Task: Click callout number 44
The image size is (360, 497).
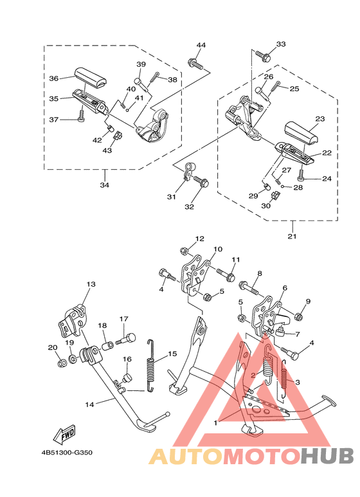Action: point(201,45)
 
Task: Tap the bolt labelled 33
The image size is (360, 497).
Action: point(262,56)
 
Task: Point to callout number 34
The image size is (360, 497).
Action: point(104,185)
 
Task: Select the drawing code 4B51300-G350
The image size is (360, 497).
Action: point(66,452)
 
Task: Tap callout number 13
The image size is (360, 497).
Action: point(91,284)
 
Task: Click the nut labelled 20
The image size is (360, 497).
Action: point(62,365)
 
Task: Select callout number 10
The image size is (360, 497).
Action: point(217,249)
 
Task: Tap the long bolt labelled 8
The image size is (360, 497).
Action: point(249,285)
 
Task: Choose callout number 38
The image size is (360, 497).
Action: point(172,80)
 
